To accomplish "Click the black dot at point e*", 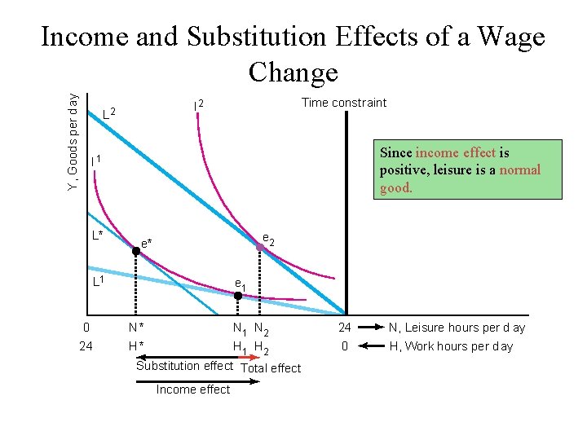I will (136, 253).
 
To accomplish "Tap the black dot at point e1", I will (237, 297).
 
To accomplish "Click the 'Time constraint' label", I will (344, 102).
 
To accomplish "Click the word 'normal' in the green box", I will (519, 170).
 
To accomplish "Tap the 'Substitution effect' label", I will (184, 366).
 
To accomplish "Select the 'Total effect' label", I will (271, 368).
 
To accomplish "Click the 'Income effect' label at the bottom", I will (193, 389).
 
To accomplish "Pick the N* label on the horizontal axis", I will (136, 328).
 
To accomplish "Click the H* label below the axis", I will (136, 346).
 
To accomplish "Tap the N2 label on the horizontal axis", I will (262, 330).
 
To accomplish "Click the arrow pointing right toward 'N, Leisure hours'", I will (367, 328).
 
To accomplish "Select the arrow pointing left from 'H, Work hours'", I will (367, 346).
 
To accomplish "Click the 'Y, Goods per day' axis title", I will (73, 143).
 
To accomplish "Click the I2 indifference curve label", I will (197, 105).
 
